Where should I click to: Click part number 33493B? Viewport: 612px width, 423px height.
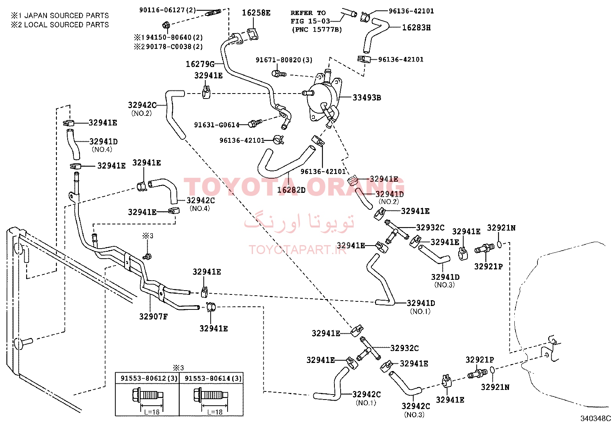(x=367, y=97)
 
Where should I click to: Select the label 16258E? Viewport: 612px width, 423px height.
(x=256, y=13)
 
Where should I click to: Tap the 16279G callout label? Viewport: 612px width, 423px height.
(x=200, y=64)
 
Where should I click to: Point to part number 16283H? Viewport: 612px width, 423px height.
(x=416, y=27)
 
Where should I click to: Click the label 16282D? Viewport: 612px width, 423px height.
(x=291, y=190)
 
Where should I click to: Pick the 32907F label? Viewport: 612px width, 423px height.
(x=153, y=316)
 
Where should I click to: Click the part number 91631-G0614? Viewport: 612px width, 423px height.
(x=217, y=125)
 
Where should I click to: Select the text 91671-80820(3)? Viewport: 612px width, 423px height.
(x=284, y=60)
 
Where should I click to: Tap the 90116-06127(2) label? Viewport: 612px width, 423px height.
(x=168, y=10)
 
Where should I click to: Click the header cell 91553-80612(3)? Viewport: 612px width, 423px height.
(x=149, y=378)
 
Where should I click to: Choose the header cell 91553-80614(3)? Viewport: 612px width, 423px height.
(x=213, y=378)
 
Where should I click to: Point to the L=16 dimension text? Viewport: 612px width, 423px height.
(x=152, y=412)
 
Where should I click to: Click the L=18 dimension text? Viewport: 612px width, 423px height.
(x=215, y=412)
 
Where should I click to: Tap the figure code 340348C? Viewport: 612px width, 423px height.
(x=595, y=418)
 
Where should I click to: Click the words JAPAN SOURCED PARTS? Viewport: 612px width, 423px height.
(x=67, y=15)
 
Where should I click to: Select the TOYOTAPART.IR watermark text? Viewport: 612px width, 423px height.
(x=298, y=250)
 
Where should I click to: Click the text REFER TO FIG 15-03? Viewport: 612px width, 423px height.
(x=310, y=17)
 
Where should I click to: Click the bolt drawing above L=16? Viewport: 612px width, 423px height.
(x=148, y=395)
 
